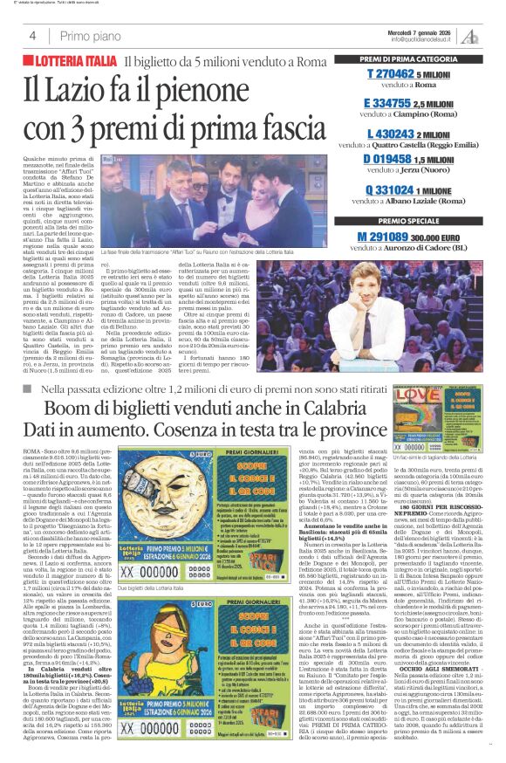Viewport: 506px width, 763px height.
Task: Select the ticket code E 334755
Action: [393, 103]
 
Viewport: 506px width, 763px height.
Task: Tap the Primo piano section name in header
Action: [91, 36]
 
